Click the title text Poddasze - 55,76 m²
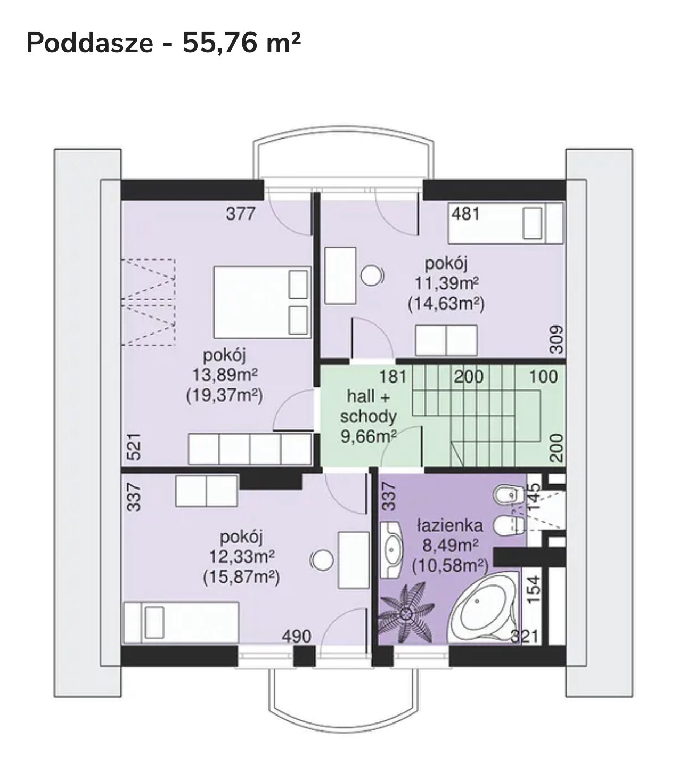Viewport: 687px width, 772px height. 163,43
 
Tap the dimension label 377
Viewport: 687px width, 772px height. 240,214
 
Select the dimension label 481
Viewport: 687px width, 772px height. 465,214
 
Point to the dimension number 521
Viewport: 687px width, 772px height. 134,447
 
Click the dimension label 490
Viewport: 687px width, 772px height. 297,636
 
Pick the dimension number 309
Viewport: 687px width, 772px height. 557,339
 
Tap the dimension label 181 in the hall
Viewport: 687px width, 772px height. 392,377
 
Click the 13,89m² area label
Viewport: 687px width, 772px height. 225,375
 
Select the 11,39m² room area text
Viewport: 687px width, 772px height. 446,283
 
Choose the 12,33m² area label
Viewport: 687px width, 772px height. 242,557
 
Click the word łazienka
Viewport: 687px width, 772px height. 450,526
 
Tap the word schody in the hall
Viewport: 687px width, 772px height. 368,417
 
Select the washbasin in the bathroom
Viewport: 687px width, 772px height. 391,550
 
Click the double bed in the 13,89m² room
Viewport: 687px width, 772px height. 262,302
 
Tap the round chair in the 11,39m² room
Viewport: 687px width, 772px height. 372,275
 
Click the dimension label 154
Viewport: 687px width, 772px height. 534,589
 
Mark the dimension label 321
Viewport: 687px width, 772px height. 524,636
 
